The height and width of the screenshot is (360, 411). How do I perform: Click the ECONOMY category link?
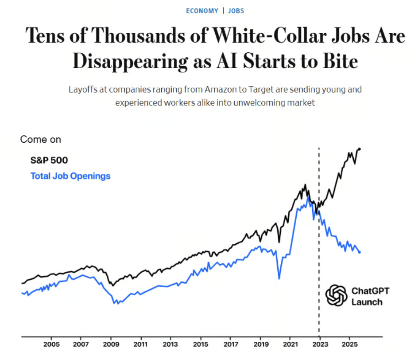point(202,11)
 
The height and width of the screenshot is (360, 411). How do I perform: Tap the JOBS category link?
point(236,11)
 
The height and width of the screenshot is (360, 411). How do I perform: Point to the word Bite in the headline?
point(338,61)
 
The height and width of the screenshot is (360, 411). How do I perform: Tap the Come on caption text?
point(40,139)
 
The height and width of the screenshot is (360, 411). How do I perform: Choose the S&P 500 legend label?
point(49,160)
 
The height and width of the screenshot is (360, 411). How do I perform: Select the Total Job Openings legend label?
point(70,176)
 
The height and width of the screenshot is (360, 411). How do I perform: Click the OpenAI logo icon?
point(336,295)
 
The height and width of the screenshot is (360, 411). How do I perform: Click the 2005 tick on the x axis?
point(51,344)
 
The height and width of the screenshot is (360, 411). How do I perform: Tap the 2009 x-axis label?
point(111,344)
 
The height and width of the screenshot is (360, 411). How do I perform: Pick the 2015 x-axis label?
point(201,344)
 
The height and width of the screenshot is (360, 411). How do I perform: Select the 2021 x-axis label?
point(290,344)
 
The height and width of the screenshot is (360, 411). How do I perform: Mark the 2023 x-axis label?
point(320,344)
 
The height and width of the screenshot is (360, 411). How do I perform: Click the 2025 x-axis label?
point(349,344)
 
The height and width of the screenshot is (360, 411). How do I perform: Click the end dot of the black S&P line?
point(359,149)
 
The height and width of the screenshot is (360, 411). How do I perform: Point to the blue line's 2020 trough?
point(279,278)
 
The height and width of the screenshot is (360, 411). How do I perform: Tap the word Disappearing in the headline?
point(130,61)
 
